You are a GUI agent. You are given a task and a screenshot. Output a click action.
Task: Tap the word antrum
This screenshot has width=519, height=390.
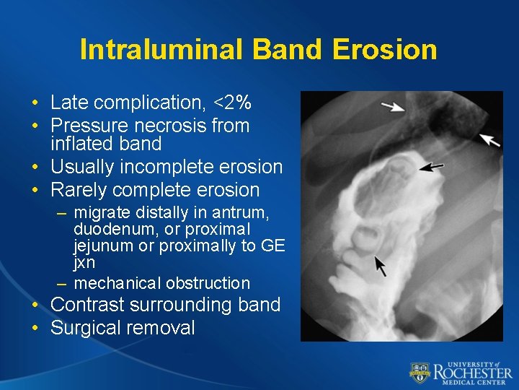(242, 213)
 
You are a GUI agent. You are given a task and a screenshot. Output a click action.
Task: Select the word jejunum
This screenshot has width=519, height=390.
(99, 246)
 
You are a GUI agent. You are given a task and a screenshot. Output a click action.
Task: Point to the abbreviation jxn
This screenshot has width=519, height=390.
(84, 262)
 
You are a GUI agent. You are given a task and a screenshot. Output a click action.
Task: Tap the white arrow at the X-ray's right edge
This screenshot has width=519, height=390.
(489, 139)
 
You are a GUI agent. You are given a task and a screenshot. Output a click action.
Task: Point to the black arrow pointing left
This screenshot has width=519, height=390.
(432, 168)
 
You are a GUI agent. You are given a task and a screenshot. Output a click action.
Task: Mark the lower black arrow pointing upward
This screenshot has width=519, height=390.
(381, 265)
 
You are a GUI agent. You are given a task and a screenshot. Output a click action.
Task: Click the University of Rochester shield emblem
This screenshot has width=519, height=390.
(420, 373)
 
